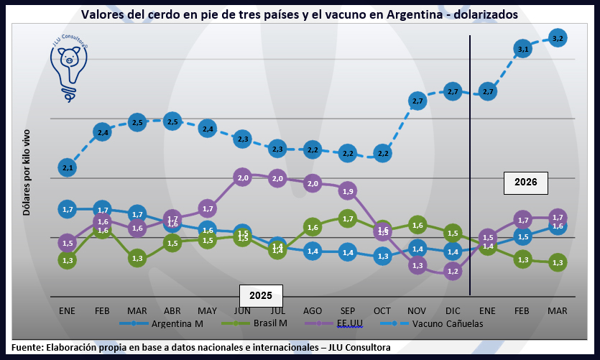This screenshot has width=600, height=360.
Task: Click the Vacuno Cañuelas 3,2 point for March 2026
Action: coord(558,37)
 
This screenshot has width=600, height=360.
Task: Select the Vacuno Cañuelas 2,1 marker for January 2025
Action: coord(68,167)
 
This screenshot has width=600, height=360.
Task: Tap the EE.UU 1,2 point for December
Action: coord(453,271)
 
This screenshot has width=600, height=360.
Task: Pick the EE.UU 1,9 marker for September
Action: coord(347,191)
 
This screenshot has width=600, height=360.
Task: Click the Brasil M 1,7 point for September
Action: coord(347,218)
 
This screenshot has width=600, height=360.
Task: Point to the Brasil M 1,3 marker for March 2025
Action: coord(137,257)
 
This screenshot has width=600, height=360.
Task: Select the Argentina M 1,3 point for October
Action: coord(382,256)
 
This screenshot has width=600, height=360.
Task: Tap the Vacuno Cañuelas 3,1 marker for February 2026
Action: coord(522,49)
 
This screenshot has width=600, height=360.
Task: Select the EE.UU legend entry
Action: coord(351,323)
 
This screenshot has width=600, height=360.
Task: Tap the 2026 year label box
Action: coord(525,183)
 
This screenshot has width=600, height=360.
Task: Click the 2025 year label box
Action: coord(261,295)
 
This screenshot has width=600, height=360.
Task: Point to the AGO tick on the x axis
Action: coord(312,310)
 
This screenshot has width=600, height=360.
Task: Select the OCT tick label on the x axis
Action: coord(382,310)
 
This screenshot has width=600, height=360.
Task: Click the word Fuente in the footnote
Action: coord(27,348)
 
